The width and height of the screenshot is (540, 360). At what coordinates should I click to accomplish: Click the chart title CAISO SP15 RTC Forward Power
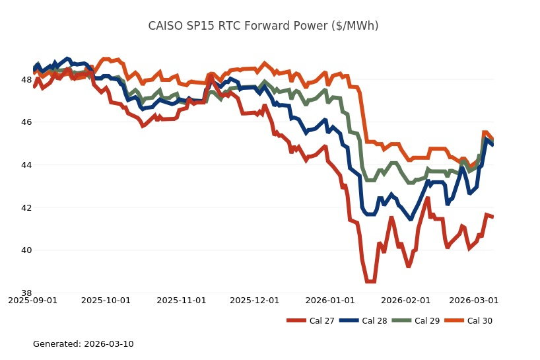click(263, 26)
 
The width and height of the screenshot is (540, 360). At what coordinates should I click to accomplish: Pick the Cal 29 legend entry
click(415, 321)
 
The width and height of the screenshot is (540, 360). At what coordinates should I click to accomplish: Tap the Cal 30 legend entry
click(467, 321)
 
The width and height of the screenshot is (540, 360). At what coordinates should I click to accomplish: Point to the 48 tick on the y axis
click(26, 80)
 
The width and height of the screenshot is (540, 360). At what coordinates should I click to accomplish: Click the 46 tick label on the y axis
click(26, 122)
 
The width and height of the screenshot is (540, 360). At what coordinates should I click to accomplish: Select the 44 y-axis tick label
click(26, 165)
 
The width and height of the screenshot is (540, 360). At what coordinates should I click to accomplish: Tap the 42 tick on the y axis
click(26, 207)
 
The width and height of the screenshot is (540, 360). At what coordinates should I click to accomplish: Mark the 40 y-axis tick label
click(26, 250)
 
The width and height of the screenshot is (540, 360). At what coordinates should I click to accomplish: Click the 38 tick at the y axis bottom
click(26, 293)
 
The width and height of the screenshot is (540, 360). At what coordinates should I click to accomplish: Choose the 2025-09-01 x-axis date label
click(32, 301)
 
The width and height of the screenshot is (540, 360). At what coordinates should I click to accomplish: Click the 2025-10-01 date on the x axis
click(106, 301)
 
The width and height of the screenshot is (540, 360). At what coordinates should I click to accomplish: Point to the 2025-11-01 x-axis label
click(182, 301)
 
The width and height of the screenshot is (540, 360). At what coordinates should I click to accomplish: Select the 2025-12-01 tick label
click(255, 301)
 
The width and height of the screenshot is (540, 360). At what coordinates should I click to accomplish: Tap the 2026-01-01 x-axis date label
click(330, 301)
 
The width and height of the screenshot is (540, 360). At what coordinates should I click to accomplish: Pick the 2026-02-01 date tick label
click(406, 301)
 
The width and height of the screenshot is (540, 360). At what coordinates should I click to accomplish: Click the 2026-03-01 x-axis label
click(474, 301)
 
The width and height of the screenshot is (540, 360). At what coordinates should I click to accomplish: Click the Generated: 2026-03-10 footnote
click(83, 344)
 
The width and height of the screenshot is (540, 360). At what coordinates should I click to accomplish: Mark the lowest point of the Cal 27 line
click(370, 281)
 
